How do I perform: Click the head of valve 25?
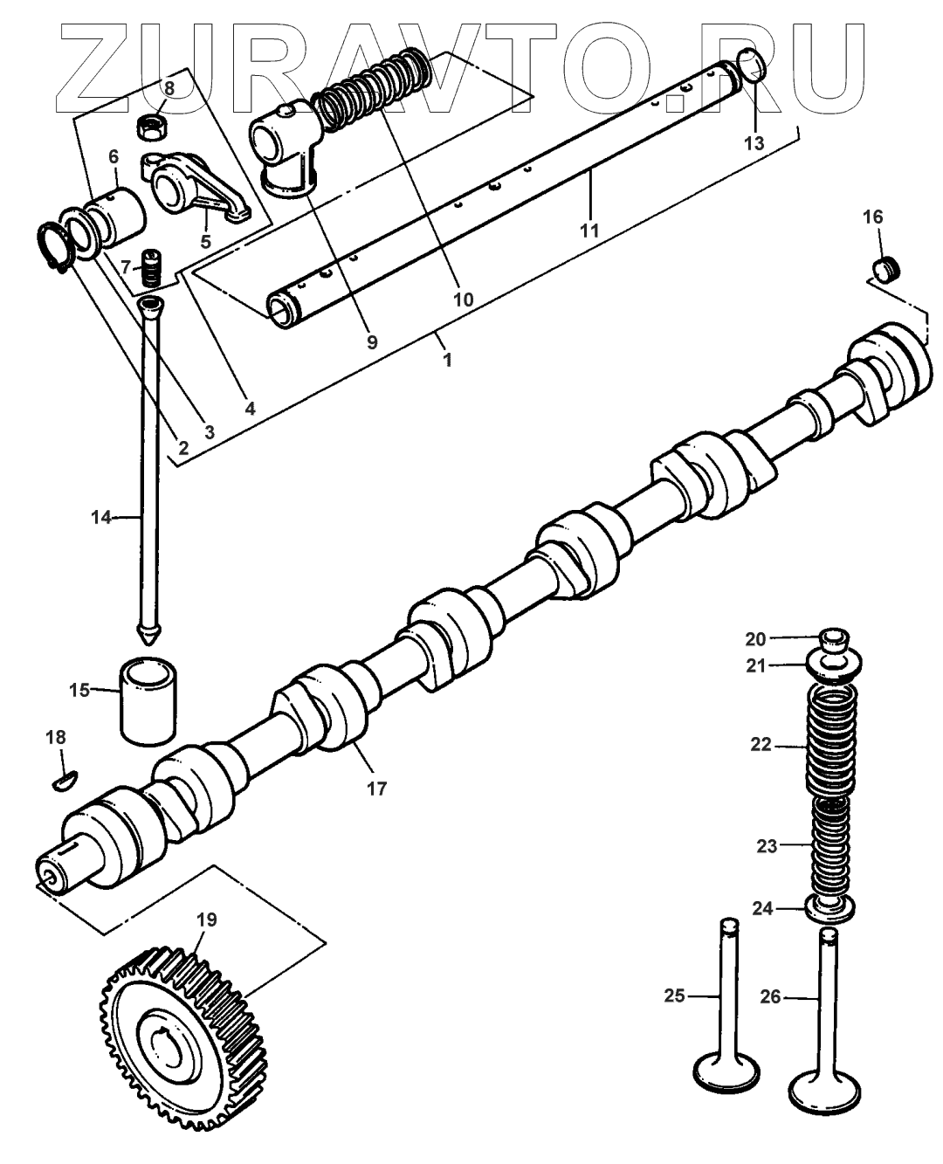726,1072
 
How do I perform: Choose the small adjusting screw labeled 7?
155,267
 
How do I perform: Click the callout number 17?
375,788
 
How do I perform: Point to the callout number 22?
761,745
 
